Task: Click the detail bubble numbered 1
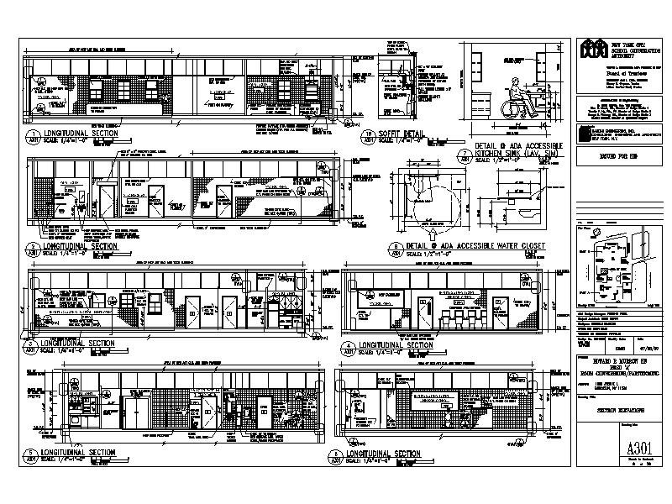coord(33,135)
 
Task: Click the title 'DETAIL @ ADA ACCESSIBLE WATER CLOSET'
coord(475,245)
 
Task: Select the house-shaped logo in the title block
coord(592,50)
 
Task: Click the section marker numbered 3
coord(33,344)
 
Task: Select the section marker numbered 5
coord(33,458)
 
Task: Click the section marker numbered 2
coord(33,248)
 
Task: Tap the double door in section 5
coord(137,413)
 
